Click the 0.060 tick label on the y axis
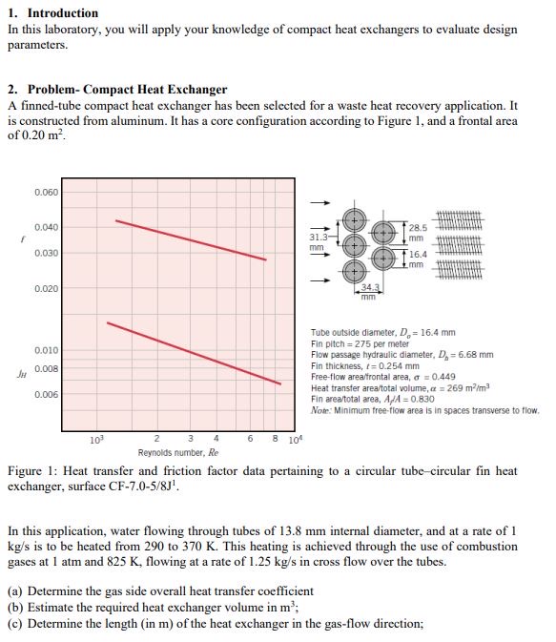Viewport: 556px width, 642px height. [46, 192]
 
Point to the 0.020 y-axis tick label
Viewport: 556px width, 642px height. [46, 288]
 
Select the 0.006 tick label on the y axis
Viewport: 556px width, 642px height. [46, 395]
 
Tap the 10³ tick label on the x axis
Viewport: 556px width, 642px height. [95, 440]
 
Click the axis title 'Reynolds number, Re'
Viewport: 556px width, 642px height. [178, 453]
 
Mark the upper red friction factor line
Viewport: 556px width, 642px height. [191, 239]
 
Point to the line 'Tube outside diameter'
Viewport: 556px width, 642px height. [382, 333]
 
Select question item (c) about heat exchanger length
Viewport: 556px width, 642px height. [216, 624]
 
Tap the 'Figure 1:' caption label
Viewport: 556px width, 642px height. [33, 471]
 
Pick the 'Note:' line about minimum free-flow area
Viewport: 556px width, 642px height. [424, 410]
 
